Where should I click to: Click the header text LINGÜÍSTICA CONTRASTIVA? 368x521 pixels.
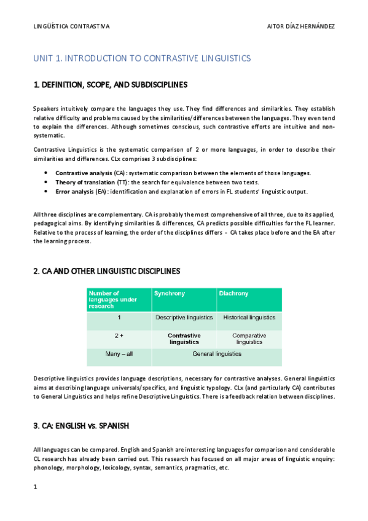pyautogui.click(x=71, y=26)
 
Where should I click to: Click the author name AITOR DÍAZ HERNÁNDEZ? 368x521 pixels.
pyautogui.click(x=302, y=26)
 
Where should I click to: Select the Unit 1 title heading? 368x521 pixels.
pyautogui.click(x=142, y=58)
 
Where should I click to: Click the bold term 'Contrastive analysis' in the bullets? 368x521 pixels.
pyautogui.click(x=84, y=173)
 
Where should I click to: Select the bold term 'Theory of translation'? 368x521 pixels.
pyautogui.click(x=85, y=182)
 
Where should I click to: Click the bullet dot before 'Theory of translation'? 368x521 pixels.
pyautogui.click(x=48, y=182)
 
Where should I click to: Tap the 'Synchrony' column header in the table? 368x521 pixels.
pyautogui.click(x=169, y=294)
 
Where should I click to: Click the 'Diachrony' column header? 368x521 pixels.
pyautogui.click(x=234, y=294)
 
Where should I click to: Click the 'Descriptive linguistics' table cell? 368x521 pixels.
pyautogui.click(x=184, y=318)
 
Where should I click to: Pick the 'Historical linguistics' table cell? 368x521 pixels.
pyautogui.click(x=249, y=318)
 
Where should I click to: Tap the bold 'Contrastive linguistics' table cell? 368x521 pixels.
pyautogui.click(x=184, y=339)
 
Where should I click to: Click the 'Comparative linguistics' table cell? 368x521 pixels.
pyautogui.click(x=249, y=339)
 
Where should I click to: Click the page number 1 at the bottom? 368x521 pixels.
pyautogui.click(x=35, y=487)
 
